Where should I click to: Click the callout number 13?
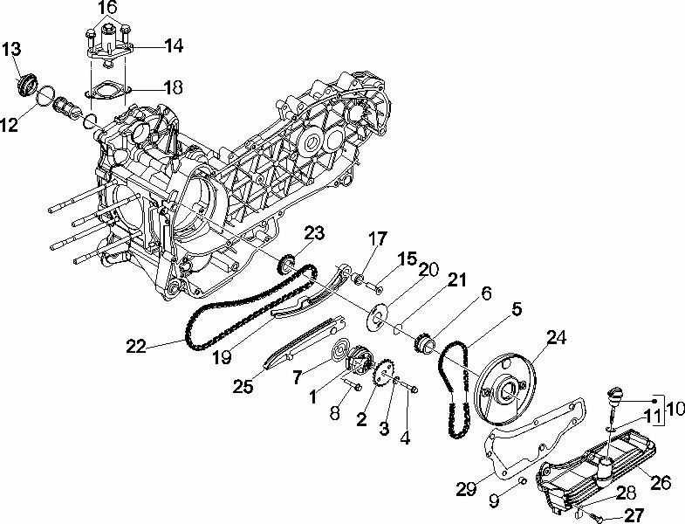11,49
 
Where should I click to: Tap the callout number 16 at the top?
107,8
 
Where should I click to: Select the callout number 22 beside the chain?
136,347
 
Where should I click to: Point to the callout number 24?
556,338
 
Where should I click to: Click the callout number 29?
466,488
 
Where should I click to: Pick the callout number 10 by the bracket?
675,409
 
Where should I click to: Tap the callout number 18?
174,87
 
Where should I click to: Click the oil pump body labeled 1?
360,360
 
